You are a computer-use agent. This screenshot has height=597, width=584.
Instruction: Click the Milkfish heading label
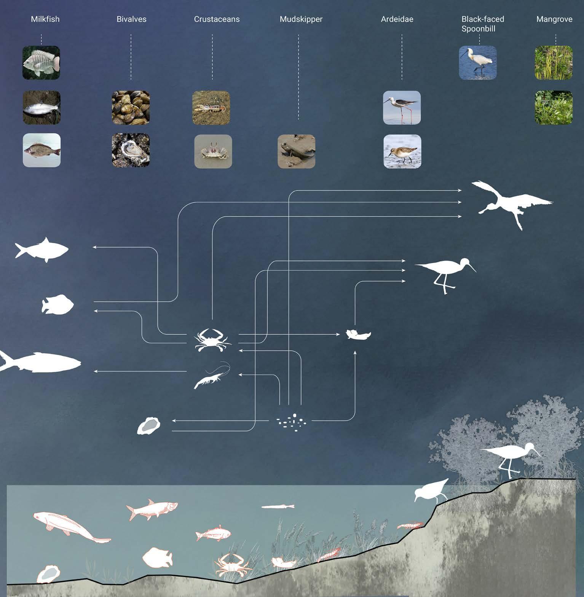(45, 19)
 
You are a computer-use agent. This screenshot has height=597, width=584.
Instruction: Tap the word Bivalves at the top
(131, 19)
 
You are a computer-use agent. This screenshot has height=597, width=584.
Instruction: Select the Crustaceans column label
(217, 19)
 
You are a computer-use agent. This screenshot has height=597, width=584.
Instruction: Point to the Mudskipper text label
(301, 19)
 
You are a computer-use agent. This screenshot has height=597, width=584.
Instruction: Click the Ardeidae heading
(397, 19)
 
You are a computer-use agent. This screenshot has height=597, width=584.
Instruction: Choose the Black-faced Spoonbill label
(482, 24)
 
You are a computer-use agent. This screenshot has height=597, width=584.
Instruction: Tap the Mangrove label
(554, 19)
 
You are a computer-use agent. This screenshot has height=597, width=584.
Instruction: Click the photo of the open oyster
(131, 150)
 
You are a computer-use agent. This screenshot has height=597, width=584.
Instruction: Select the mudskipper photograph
(296, 151)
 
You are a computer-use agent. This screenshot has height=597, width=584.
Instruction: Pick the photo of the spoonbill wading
(477, 63)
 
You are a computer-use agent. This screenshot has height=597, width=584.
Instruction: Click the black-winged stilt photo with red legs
(402, 108)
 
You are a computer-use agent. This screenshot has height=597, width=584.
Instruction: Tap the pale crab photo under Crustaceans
(213, 151)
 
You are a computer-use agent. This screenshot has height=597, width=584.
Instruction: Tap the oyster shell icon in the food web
(148, 425)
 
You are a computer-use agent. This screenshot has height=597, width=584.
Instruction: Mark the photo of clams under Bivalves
(131, 108)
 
